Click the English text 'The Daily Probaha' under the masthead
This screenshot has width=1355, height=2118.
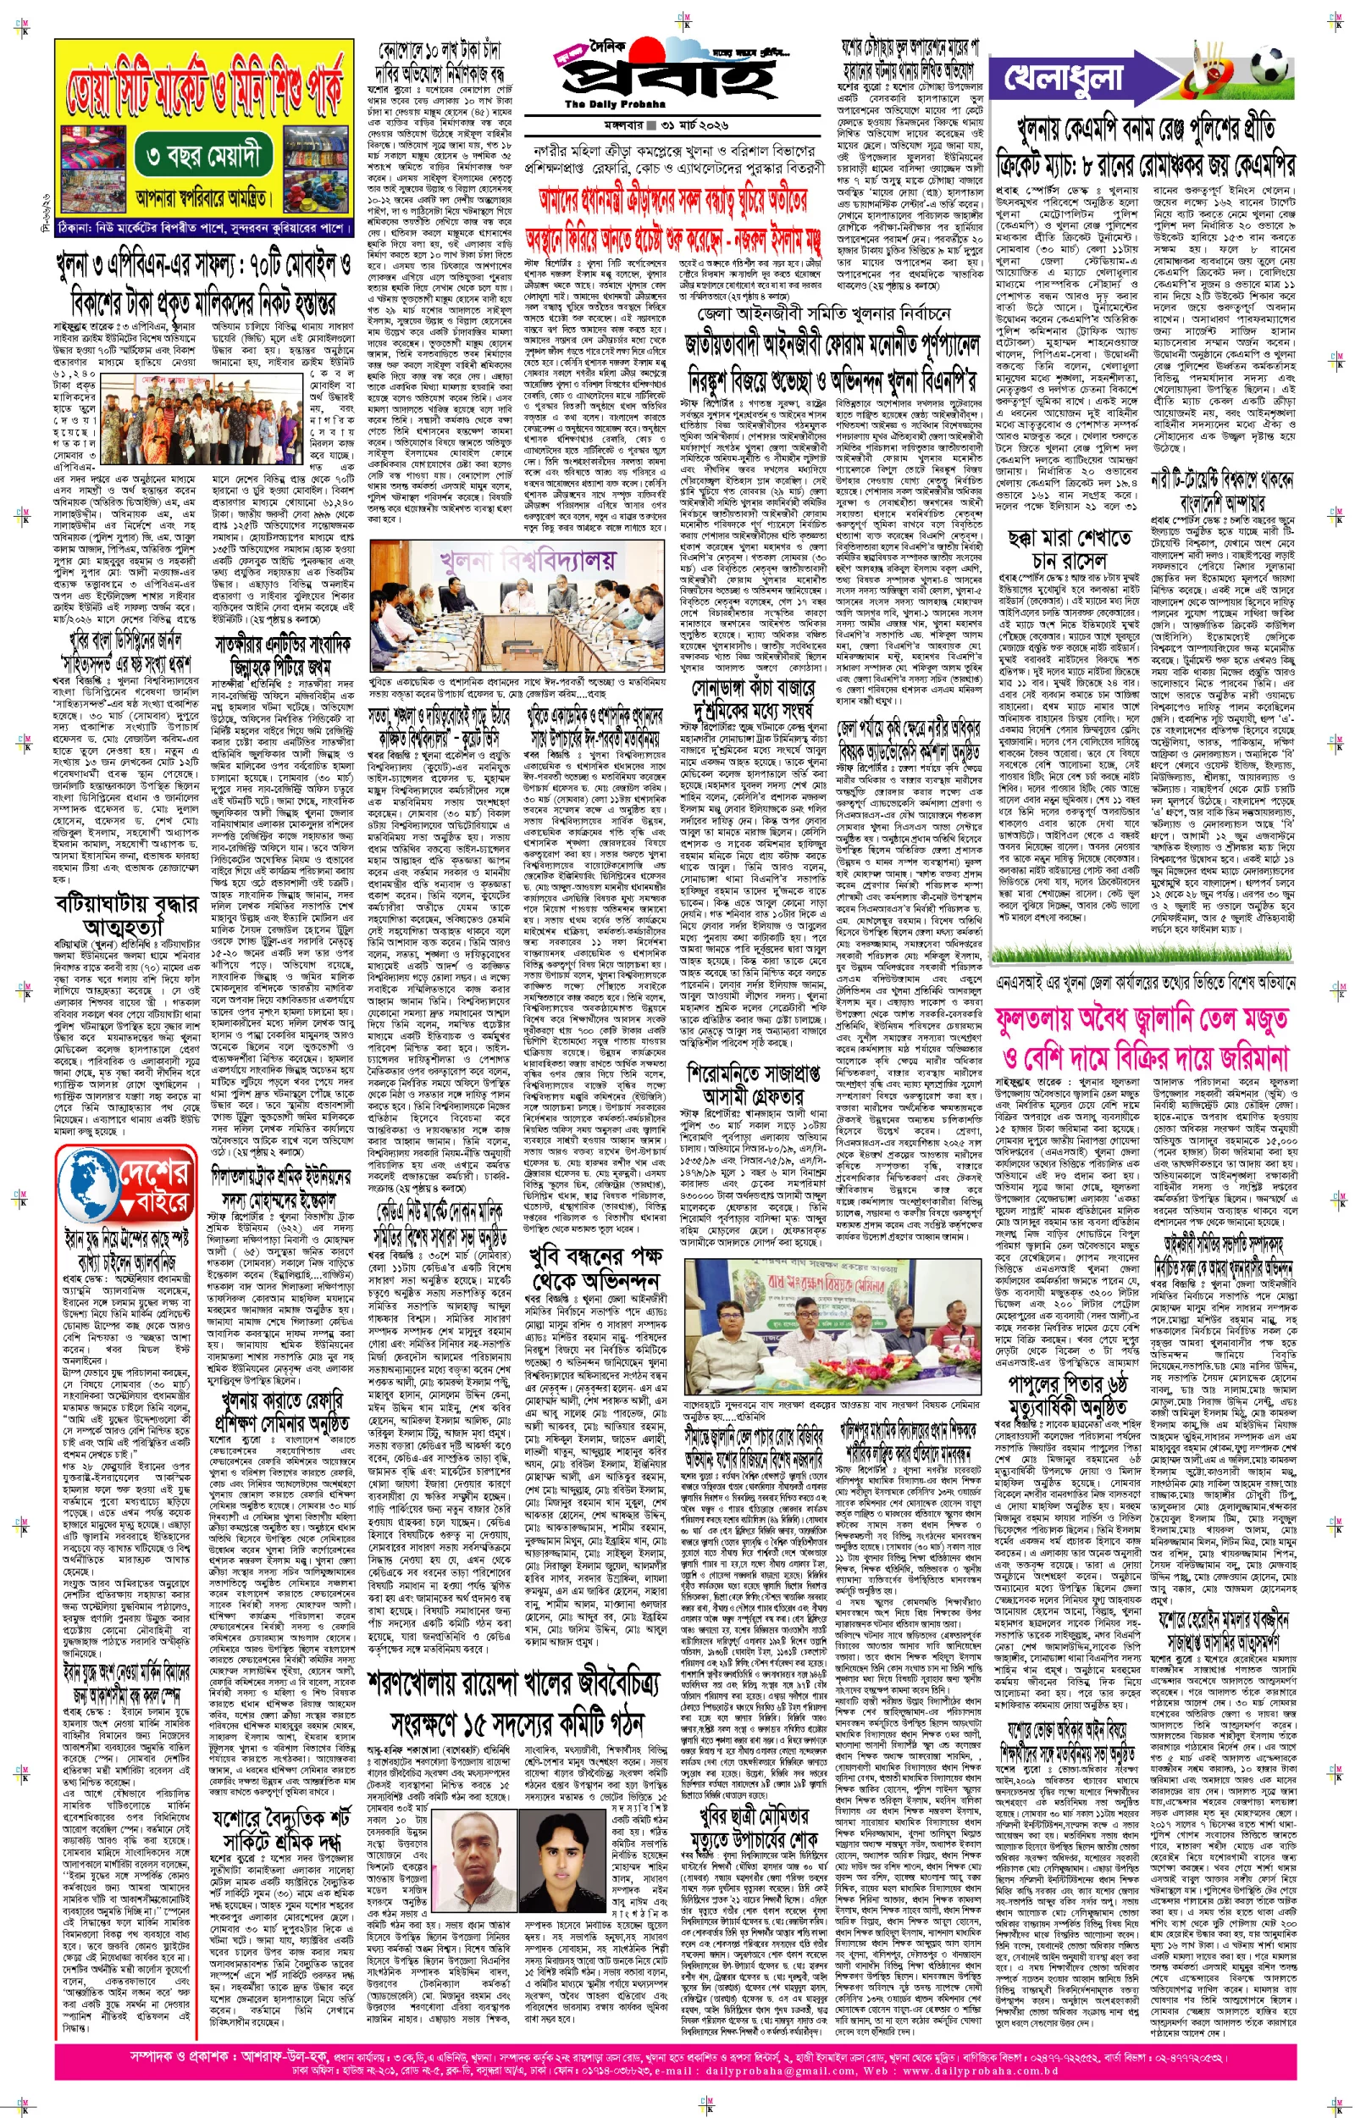click(x=606, y=105)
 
